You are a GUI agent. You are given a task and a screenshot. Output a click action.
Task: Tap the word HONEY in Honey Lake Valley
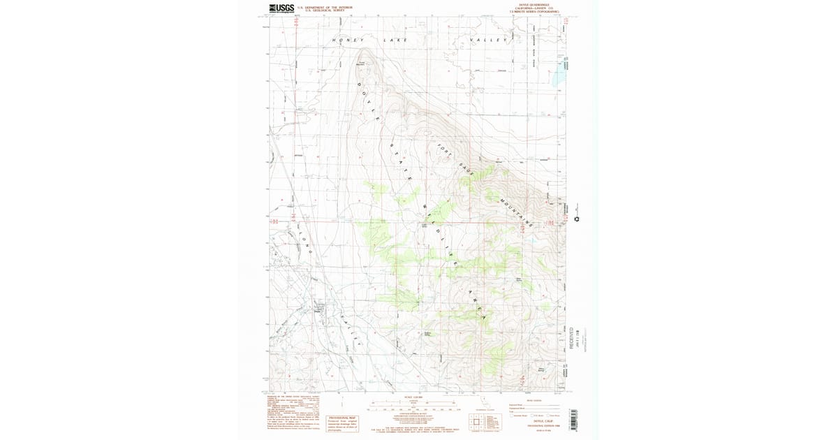(348, 41)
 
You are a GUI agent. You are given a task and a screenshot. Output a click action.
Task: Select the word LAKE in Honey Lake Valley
(395, 41)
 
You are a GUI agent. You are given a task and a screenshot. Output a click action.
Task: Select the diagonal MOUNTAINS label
(516, 212)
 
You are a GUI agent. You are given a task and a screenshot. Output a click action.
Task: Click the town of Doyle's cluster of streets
(319, 307)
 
